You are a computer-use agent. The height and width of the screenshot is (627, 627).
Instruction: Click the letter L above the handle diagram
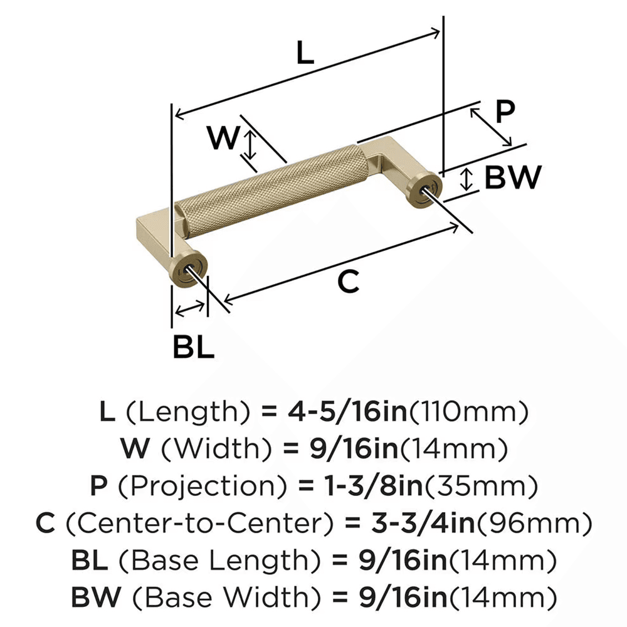[x=305, y=54]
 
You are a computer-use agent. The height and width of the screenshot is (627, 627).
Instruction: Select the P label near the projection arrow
[x=504, y=112]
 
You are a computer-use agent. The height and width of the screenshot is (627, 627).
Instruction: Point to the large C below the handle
[x=348, y=282]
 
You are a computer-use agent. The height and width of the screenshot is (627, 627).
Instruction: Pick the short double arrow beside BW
[x=465, y=179]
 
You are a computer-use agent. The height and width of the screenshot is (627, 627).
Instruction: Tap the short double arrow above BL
[x=190, y=308]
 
